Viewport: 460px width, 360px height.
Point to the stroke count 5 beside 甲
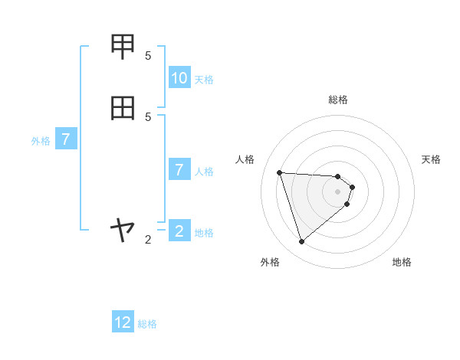coord(148,55)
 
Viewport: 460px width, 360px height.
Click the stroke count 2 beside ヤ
coord(148,240)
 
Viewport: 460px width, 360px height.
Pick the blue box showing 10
coord(179,78)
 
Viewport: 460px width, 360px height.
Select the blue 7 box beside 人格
coord(179,170)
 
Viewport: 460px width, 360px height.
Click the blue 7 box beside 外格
coord(66,140)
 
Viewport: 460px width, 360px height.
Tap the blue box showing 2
coord(179,231)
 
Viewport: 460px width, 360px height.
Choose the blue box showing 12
coord(123,323)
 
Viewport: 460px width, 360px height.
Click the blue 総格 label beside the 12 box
coord(147,324)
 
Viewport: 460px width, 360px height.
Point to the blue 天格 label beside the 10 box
coord(204,80)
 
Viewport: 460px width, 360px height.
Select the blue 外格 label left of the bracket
coord(41,141)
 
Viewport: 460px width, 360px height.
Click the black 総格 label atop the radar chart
coord(338,100)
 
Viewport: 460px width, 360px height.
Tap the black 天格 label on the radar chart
coord(431,159)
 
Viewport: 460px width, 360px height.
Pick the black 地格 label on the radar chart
coord(402,262)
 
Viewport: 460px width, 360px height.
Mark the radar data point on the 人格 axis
coord(280,172)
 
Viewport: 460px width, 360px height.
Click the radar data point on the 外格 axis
coord(302,242)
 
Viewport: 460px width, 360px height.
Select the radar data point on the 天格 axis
coord(352,186)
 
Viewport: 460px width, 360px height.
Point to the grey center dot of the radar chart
coord(338,201)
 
